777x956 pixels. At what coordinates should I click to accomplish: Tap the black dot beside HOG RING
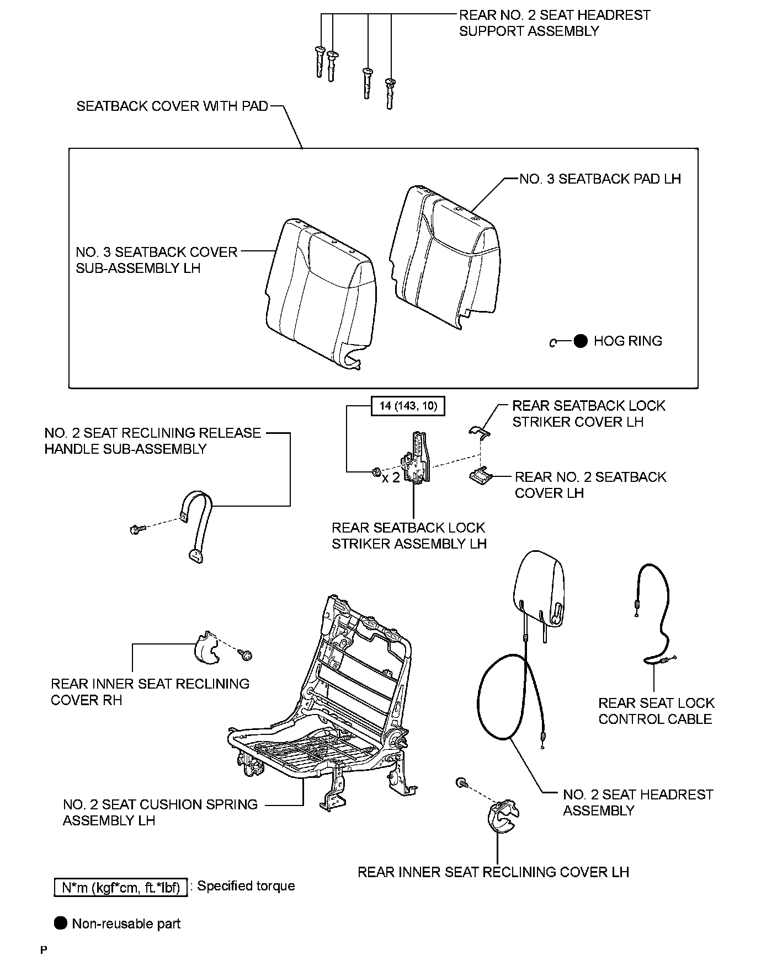point(581,341)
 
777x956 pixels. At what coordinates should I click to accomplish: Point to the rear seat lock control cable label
point(656,711)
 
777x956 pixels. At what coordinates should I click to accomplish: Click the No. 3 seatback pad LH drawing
point(445,254)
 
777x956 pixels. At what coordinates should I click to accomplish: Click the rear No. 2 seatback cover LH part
point(480,475)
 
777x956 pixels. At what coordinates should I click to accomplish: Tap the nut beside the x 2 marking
point(375,471)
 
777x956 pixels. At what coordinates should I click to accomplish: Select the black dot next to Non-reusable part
point(61,923)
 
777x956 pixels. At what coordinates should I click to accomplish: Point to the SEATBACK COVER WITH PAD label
point(172,106)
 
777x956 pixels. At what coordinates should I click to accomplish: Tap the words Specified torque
point(246,886)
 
